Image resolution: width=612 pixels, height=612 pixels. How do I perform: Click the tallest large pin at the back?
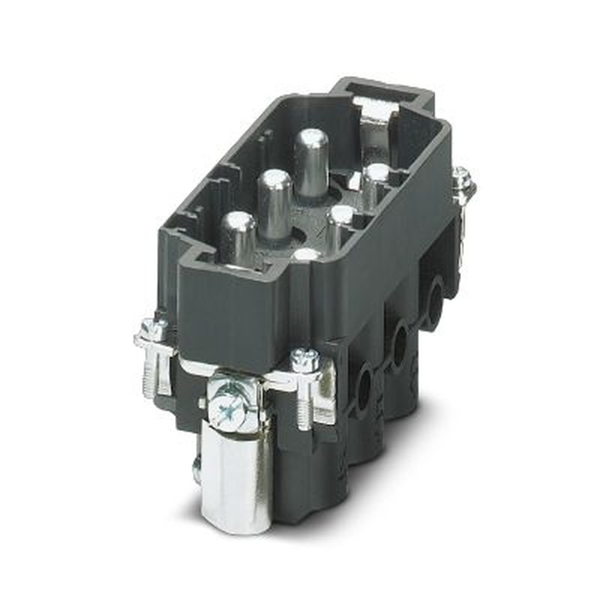pyautogui.click(x=311, y=160)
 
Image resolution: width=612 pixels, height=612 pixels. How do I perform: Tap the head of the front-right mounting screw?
pyautogui.click(x=305, y=360)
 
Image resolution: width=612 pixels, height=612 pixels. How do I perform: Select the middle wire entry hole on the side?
pyautogui.click(x=400, y=343)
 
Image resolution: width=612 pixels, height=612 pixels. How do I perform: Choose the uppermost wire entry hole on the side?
pyautogui.click(x=435, y=294)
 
